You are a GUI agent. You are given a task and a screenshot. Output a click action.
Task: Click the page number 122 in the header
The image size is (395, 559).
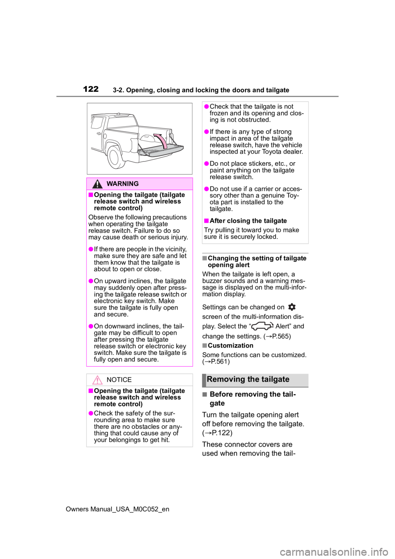[x=91, y=89]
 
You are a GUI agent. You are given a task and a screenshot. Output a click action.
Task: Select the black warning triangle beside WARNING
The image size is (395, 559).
[x=97, y=184]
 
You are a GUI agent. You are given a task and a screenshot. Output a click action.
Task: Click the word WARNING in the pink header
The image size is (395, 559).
[x=123, y=184]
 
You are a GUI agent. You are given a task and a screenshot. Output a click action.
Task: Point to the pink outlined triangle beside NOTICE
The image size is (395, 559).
[x=97, y=380]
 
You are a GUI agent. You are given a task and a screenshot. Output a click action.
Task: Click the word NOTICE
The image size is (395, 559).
[x=119, y=380]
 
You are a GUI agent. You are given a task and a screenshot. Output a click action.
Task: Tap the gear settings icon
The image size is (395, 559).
[x=292, y=307]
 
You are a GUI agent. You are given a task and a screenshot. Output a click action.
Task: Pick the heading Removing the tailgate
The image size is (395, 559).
[x=248, y=380]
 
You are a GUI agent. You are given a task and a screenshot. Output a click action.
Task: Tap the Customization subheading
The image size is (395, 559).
[x=230, y=345]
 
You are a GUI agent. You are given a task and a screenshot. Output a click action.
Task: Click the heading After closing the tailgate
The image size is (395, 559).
[x=248, y=221]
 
